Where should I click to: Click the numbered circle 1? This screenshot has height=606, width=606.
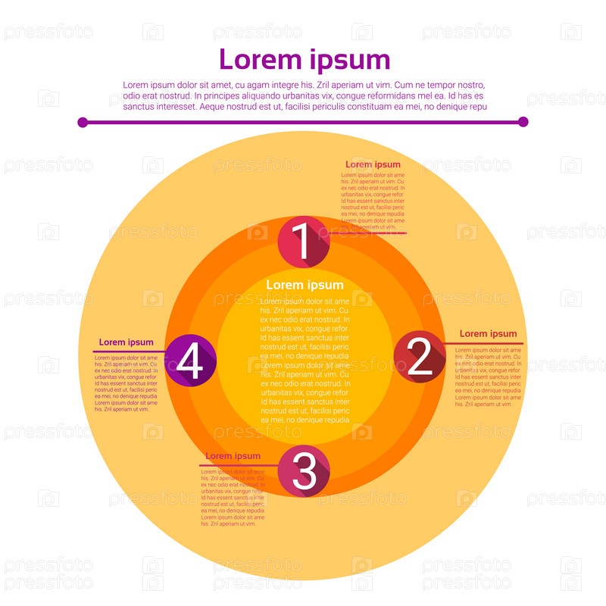pos(303,242)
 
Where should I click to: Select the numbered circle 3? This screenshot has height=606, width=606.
pos(304,470)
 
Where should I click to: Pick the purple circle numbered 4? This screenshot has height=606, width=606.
pos(190,361)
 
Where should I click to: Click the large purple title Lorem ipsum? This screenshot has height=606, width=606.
pos(305,59)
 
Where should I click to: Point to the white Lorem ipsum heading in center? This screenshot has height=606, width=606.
pos(305,285)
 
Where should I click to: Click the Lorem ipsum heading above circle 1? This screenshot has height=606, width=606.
pos(373,164)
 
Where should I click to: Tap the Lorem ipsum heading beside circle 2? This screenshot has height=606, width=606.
pos(488,333)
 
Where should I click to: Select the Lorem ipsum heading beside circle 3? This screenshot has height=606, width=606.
pos(233,456)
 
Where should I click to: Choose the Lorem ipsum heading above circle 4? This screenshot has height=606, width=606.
pos(126,342)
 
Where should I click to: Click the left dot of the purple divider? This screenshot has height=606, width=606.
pos(83,122)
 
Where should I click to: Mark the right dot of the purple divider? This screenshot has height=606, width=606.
pos(523,122)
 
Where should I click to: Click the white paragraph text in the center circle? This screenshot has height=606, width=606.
pos(305,360)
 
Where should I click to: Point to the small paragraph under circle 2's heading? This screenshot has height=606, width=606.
pos(488,377)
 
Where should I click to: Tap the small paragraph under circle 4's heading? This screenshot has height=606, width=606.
pos(126,383)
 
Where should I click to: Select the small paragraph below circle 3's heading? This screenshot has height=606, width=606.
pos(233,497)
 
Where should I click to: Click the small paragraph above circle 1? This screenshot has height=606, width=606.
pos(373,200)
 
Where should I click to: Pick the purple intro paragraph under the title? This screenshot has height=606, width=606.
pos(304,96)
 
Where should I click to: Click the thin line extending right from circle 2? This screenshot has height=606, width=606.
pos(485,344)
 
